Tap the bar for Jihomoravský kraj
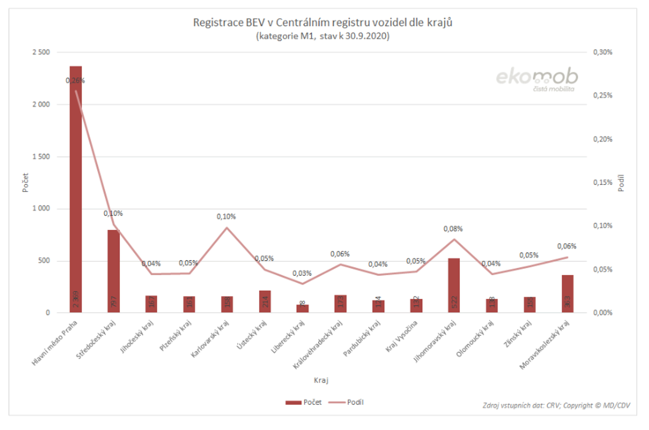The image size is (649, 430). click(x=454, y=285)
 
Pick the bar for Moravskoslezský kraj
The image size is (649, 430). click(x=567, y=294)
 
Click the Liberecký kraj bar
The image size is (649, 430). click(x=302, y=308)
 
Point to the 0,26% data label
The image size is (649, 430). click(x=75, y=81)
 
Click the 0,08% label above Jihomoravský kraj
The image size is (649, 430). click(x=453, y=229)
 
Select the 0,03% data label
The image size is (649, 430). click(x=302, y=273)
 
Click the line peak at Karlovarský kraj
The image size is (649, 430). click(x=227, y=227)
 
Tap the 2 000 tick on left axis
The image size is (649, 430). click(x=41, y=105)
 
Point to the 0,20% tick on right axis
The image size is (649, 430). click(x=602, y=139)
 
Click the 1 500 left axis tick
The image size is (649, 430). click(x=41, y=157)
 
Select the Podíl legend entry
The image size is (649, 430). click(x=346, y=402)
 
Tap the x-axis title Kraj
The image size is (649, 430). click(x=321, y=380)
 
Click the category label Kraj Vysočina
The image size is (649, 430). click(x=401, y=336)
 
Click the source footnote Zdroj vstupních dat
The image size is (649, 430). click(x=556, y=405)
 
